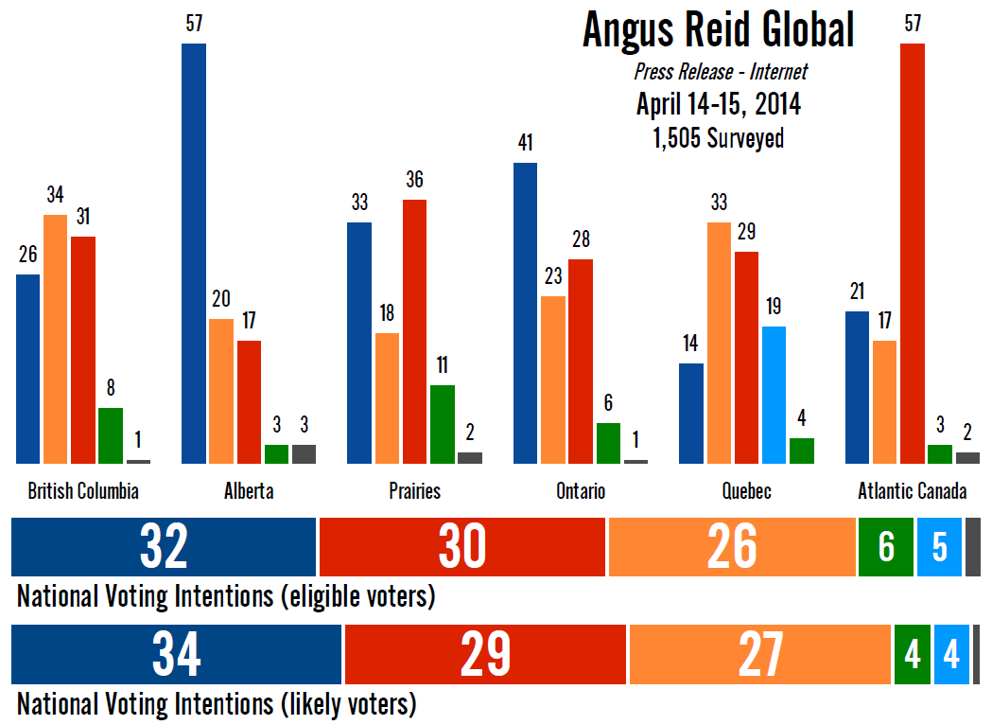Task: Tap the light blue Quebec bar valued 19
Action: click(x=774, y=395)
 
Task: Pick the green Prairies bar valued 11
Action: click(x=442, y=424)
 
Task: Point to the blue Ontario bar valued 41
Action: click(x=525, y=313)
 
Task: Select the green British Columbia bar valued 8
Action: click(x=111, y=435)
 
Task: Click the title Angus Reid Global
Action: click(x=719, y=30)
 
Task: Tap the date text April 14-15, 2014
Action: click(x=719, y=103)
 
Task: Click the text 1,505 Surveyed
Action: click(x=719, y=138)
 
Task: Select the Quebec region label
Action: click(x=746, y=491)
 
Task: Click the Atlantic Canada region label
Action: click(x=912, y=491)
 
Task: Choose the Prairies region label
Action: click(x=414, y=491)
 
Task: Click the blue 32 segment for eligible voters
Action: click(x=164, y=547)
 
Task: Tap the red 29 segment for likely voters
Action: click(x=485, y=654)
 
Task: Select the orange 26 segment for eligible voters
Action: click(x=731, y=547)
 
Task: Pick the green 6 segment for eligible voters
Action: click(x=886, y=547)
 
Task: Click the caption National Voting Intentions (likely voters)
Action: click(x=217, y=704)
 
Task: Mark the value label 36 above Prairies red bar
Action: click(x=414, y=180)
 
